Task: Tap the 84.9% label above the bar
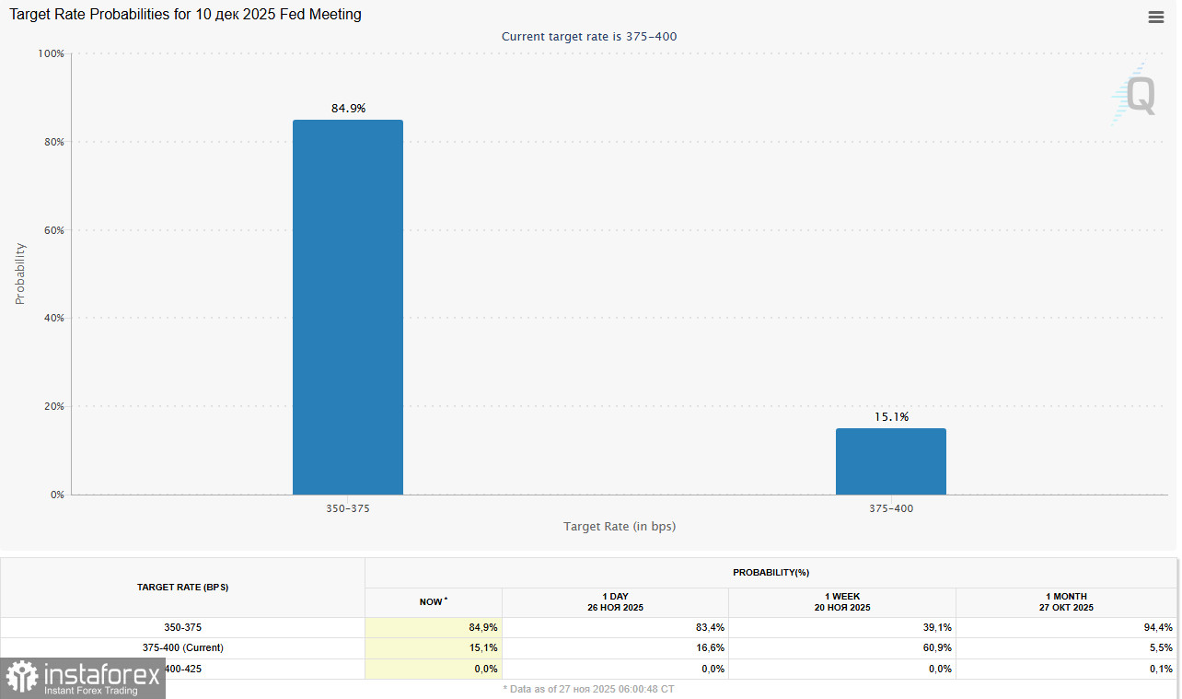(x=348, y=109)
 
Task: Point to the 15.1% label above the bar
(x=891, y=417)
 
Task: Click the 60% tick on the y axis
(x=52, y=230)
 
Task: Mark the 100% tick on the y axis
(x=50, y=53)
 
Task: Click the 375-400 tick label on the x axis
(x=891, y=508)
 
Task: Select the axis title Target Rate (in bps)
(x=620, y=526)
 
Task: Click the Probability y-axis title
(x=20, y=274)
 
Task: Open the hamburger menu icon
(x=1156, y=17)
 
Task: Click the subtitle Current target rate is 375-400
(x=589, y=37)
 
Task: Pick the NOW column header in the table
(x=433, y=601)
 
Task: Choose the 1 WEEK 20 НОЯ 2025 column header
(x=841, y=601)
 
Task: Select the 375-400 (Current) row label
(x=182, y=647)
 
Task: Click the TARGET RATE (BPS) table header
(x=182, y=587)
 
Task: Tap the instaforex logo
(x=83, y=679)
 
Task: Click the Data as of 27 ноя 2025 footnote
(x=588, y=688)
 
